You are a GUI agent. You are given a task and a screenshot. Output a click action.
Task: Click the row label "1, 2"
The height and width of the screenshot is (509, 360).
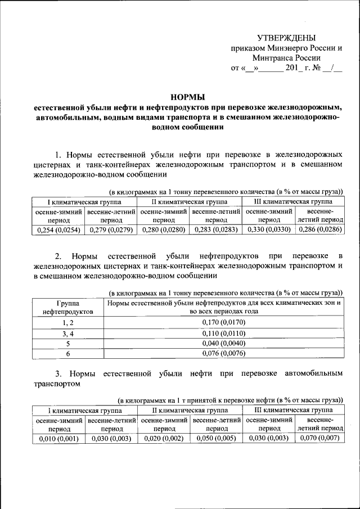[68, 322]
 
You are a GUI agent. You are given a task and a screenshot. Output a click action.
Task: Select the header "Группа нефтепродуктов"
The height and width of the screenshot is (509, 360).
[68, 307]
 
